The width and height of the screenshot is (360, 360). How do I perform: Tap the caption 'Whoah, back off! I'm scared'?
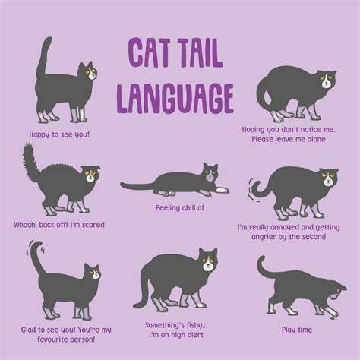tap(58, 225)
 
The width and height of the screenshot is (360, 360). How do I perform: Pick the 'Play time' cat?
tap(300, 287)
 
